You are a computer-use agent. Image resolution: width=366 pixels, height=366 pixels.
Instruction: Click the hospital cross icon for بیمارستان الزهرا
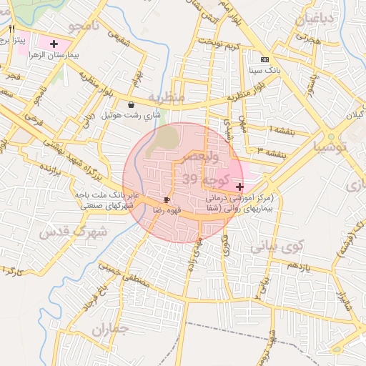(54, 44)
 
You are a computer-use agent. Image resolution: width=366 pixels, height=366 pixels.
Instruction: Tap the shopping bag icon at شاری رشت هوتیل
(130, 105)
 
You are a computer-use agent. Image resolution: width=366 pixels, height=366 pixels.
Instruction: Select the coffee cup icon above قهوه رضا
(167, 199)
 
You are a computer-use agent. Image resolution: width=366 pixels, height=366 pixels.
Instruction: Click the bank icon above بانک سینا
(265, 59)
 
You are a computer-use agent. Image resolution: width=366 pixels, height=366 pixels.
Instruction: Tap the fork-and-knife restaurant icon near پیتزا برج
(12, 29)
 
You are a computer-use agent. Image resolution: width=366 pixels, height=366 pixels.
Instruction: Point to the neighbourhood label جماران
(109, 330)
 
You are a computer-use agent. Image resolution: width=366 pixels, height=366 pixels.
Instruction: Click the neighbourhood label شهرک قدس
(73, 232)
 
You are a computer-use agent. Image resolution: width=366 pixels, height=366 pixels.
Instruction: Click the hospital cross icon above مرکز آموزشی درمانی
(238, 186)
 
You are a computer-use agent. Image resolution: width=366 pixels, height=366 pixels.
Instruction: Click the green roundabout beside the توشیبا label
(330, 137)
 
